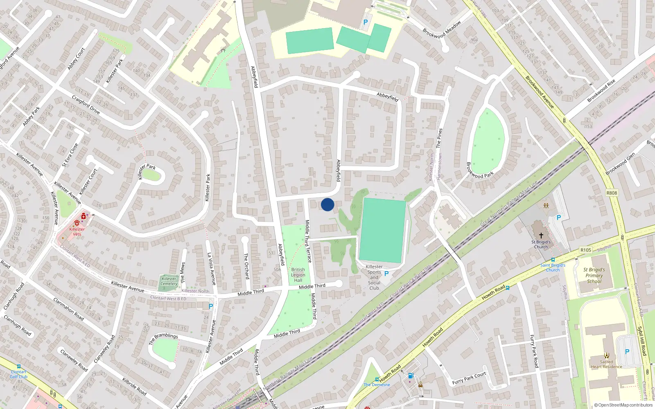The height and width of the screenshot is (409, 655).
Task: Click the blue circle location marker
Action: click(327, 204)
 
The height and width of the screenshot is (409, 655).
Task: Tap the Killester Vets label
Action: click(77, 231)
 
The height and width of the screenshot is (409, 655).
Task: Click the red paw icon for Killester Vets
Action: click(77, 223)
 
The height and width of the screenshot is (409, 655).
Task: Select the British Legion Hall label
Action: click(298, 275)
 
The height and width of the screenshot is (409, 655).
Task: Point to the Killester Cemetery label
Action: click(169, 281)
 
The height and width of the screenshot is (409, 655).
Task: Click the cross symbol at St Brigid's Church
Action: click(541, 236)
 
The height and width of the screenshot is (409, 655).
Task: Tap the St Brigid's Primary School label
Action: click(594, 276)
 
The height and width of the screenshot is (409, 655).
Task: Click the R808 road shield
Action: click(612, 193)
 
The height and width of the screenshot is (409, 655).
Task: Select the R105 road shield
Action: click(586, 250)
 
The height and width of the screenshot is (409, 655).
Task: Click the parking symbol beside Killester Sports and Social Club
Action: click(386, 273)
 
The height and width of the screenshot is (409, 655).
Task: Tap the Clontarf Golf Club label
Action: click(19, 374)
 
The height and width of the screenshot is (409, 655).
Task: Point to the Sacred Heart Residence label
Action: click(606, 364)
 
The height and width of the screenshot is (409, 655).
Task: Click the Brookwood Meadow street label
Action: click(442, 30)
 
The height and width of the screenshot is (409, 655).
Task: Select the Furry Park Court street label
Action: click(469, 378)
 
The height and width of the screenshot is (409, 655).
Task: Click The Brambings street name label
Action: click(163, 338)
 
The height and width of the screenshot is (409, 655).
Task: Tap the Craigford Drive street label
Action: click(86, 105)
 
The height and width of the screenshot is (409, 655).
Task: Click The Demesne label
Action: click(377, 384)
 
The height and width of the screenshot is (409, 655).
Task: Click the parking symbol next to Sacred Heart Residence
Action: click(627, 351)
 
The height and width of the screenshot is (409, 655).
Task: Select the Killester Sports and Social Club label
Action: click(374, 277)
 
